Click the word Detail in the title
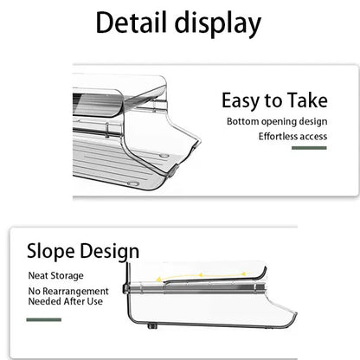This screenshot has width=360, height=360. [132, 22]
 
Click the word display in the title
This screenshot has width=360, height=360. [218, 24]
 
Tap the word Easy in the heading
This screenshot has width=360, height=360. [240, 101]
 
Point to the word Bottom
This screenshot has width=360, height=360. [242, 121]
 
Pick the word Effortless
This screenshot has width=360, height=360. [276, 136]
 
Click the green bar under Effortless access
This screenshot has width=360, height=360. [309, 148]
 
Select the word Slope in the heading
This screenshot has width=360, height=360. [51, 252]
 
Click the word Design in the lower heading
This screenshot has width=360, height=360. [110, 252]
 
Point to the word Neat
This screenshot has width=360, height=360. [37, 275]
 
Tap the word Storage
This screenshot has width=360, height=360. [66, 276]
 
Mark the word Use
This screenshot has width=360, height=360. [94, 301]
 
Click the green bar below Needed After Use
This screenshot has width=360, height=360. [44, 319]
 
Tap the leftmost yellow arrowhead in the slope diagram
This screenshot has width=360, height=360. [158, 279]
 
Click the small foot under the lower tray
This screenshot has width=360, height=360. [152, 326]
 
